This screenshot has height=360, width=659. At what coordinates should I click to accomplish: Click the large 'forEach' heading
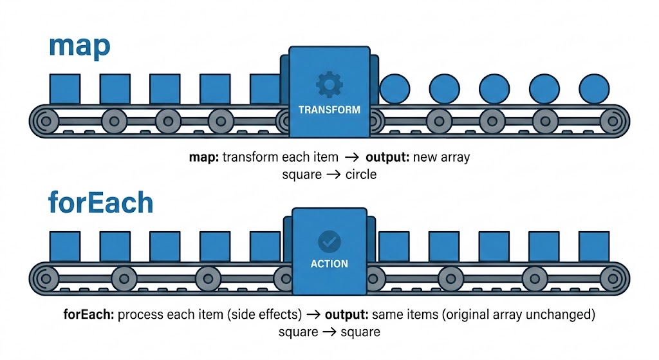[x=100, y=202]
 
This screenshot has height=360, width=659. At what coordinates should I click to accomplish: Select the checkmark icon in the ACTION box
[x=329, y=242]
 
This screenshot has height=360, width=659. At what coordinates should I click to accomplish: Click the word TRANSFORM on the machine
[x=329, y=109]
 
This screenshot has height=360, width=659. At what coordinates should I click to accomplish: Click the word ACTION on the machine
[x=329, y=263]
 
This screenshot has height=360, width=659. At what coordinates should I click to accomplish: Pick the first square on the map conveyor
[x=64, y=89]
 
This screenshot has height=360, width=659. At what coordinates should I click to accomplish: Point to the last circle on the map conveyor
[x=593, y=89]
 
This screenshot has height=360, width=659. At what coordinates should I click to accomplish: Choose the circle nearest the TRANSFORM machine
[x=393, y=89]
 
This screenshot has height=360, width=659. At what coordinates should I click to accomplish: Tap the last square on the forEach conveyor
[x=593, y=246]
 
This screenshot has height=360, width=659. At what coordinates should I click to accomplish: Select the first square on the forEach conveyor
[x=64, y=246]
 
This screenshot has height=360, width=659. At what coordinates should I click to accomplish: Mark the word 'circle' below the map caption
[x=361, y=175]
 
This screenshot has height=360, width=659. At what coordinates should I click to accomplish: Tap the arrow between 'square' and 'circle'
[x=333, y=175]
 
